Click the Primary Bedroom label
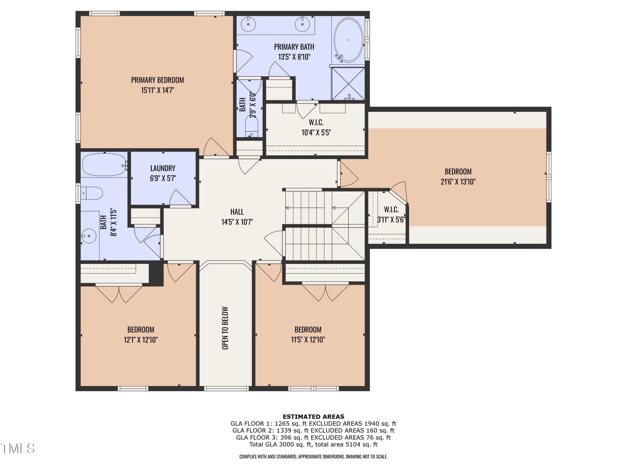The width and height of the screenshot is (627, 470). click(157, 80)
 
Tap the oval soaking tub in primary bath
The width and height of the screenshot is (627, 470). click(348, 40)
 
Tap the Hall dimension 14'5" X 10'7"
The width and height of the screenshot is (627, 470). click(237, 222)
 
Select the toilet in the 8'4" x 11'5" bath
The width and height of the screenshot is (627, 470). click(92, 193)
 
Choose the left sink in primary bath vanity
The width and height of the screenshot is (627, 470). click(249, 24)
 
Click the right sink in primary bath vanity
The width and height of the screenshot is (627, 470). click(302, 24)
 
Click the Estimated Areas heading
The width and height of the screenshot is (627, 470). click(313, 417)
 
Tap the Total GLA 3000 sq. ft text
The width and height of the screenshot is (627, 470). click(313, 444)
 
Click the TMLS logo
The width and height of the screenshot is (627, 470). click(18, 448)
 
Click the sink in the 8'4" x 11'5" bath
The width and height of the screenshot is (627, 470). click(89, 236)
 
